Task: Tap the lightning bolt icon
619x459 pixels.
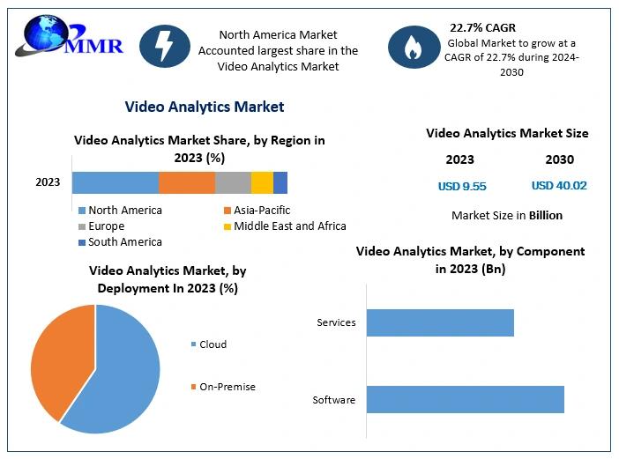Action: (x=165, y=45)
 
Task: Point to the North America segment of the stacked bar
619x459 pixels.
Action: (x=115, y=182)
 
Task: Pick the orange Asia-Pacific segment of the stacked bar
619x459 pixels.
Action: (x=187, y=182)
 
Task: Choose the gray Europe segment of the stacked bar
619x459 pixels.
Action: (x=233, y=182)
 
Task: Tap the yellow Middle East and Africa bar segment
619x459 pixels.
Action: (x=262, y=182)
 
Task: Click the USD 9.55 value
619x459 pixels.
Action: (x=462, y=186)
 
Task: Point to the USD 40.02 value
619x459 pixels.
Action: (x=559, y=186)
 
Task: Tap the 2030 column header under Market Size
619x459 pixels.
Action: (x=559, y=159)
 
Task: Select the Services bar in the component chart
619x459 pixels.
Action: (x=440, y=322)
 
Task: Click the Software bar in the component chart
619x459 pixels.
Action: (x=465, y=399)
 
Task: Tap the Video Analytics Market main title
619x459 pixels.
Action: (x=205, y=107)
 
